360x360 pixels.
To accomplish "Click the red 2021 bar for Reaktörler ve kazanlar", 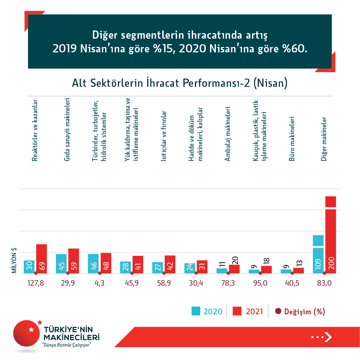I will click(x=41, y=259).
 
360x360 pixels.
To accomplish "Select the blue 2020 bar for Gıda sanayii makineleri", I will click(x=61, y=264).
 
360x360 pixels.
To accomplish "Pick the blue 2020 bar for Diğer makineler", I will click(x=318, y=256).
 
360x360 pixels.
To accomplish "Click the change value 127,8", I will click(x=36, y=283).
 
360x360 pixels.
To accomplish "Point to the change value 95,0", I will click(x=260, y=283).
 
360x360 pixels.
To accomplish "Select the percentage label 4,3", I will click(x=100, y=283).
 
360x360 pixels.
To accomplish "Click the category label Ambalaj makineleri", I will click(x=228, y=134).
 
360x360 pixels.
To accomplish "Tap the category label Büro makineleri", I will click(x=292, y=139).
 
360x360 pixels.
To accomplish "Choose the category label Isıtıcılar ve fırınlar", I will click(x=164, y=136).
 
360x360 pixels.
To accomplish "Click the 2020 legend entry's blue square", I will click(x=196, y=311).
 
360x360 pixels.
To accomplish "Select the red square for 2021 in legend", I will click(x=237, y=311).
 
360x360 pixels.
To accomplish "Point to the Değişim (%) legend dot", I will click(x=278, y=311).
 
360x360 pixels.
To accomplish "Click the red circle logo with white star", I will click(x=27, y=333).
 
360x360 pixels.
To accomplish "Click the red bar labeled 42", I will click(x=170, y=264).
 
